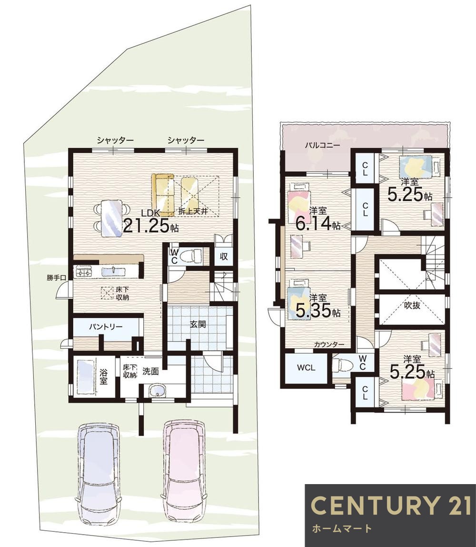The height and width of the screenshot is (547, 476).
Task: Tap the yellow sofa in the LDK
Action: [163, 195]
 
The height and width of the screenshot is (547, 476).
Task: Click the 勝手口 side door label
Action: [56, 278]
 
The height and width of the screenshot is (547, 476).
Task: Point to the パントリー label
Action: [106, 327]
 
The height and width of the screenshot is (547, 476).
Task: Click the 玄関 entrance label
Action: [198, 324]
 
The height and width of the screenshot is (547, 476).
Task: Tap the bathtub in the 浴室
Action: [85, 377]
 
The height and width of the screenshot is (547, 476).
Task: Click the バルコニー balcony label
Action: [322, 145]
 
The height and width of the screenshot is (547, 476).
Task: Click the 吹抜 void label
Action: [412, 305]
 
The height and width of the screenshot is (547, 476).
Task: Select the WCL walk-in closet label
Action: [306, 367]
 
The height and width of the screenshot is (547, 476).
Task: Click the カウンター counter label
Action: [329, 344]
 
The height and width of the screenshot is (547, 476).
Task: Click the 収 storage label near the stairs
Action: [224, 256]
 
